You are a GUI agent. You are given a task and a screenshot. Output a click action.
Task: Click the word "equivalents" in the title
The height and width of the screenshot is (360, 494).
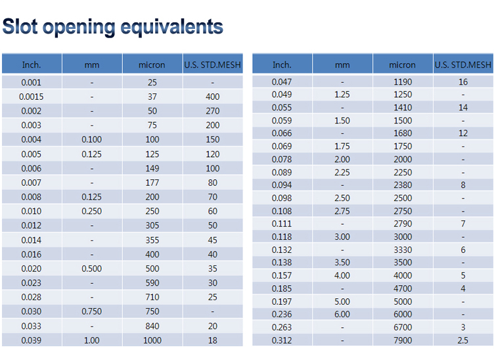pyautogui.click(x=172, y=28)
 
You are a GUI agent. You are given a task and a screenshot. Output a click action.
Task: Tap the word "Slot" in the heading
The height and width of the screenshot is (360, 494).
pyautogui.click(x=20, y=26)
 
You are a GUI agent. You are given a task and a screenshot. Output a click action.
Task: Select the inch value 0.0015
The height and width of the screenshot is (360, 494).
pyautogui.click(x=31, y=97)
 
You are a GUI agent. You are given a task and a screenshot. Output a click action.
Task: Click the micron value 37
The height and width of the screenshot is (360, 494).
pyautogui.click(x=152, y=97)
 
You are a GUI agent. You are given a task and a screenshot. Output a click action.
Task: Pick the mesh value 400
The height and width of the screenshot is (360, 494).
pyautogui.click(x=213, y=97)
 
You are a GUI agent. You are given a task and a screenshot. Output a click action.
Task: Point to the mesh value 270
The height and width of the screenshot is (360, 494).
pyautogui.click(x=213, y=111)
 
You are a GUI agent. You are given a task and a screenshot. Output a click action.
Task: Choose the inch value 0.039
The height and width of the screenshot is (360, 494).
pyautogui.click(x=31, y=340)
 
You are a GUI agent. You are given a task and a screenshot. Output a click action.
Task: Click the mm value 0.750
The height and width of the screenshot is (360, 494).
pyautogui.click(x=92, y=311)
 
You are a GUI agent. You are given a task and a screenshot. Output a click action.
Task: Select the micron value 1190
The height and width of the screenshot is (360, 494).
pyautogui.click(x=403, y=82)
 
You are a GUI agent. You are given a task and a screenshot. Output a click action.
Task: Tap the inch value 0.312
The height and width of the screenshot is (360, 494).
pyautogui.click(x=282, y=340)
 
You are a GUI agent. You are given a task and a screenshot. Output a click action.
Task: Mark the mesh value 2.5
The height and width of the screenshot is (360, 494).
pyautogui.click(x=463, y=340)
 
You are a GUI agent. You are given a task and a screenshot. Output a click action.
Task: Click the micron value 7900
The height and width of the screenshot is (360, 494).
pyautogui.click(x=403, y=340)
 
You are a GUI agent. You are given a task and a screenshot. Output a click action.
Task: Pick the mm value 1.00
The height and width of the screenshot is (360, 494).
pyautogui.click(x=92, y=340)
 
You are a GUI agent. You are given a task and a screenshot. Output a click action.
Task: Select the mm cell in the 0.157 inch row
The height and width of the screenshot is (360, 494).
pyautogui.click(x=342, y=276)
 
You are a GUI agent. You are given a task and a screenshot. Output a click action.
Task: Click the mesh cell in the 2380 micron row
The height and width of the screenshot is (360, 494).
pyautogui.click(x=463, y=185)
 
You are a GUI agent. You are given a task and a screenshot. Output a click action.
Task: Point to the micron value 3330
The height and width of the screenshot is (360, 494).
pyautogui.click(x=403, y=250)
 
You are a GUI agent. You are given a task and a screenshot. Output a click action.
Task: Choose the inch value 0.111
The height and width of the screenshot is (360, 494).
pyautogui.click(x=282, y=223)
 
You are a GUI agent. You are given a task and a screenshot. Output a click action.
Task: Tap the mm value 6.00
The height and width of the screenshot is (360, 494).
pyautogui.click(x=342, y=314)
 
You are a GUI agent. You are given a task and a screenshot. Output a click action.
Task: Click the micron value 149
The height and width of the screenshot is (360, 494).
pyautogui.click(x=152, y=169)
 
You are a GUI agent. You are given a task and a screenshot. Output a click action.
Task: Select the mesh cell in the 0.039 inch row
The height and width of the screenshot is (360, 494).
pyautogui.click(x=213, y=340)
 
